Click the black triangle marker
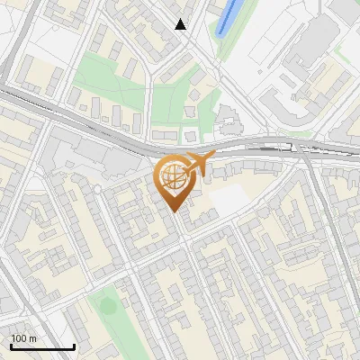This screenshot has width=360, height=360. (x=181, y=24)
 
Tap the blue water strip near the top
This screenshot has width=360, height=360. (x=229, y=16)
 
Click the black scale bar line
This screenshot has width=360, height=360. (x=42, y=346)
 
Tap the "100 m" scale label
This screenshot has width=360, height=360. (x=23, y=338)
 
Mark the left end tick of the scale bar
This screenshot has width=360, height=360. (x=11, y=345)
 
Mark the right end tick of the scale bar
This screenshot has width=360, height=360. (x=74, y=345)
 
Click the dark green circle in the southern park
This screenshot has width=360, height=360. (x=108, y=306)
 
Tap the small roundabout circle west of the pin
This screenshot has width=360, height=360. (x=97, y=189)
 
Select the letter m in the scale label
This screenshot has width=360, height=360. (x=31, y=338)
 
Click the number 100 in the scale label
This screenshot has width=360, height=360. (x=19, y=338)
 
